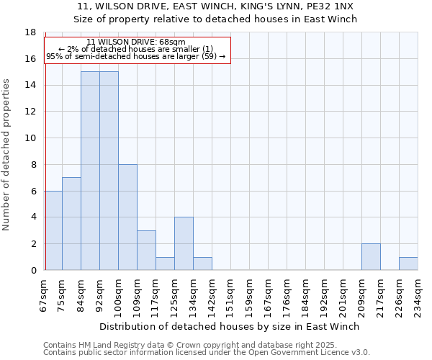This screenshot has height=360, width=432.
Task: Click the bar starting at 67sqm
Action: point(53,230)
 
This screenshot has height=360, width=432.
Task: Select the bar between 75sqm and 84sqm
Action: point(71,224)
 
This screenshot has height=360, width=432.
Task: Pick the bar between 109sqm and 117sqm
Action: point(146,251)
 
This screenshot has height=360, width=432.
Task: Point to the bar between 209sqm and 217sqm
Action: point(371,257)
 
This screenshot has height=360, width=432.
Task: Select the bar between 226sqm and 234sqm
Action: point(408,264)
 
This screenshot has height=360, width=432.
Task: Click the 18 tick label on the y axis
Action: point(31,32)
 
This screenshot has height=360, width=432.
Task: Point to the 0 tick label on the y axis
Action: point(33,271)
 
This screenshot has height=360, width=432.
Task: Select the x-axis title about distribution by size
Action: point(229,326)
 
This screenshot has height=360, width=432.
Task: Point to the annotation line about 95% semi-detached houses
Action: point(136,56)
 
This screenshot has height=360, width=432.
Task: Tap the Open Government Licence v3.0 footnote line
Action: point(207,353)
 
